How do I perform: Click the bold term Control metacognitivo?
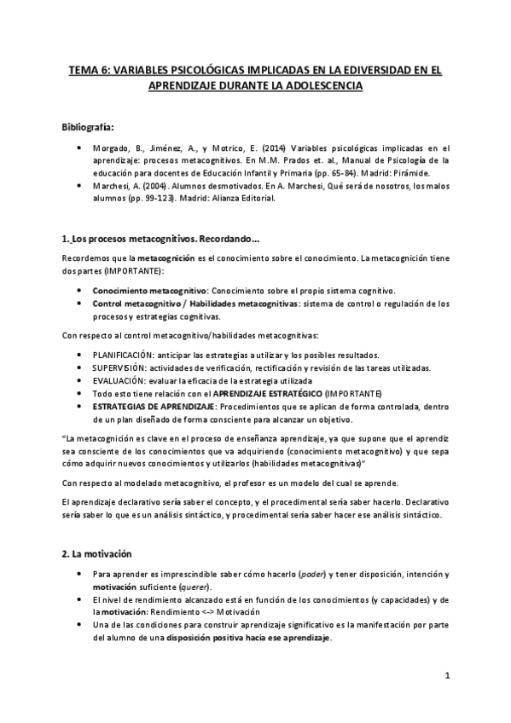coord(137,303)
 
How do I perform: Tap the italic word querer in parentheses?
coord(196,588)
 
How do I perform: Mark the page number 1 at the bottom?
coord(447,675)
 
